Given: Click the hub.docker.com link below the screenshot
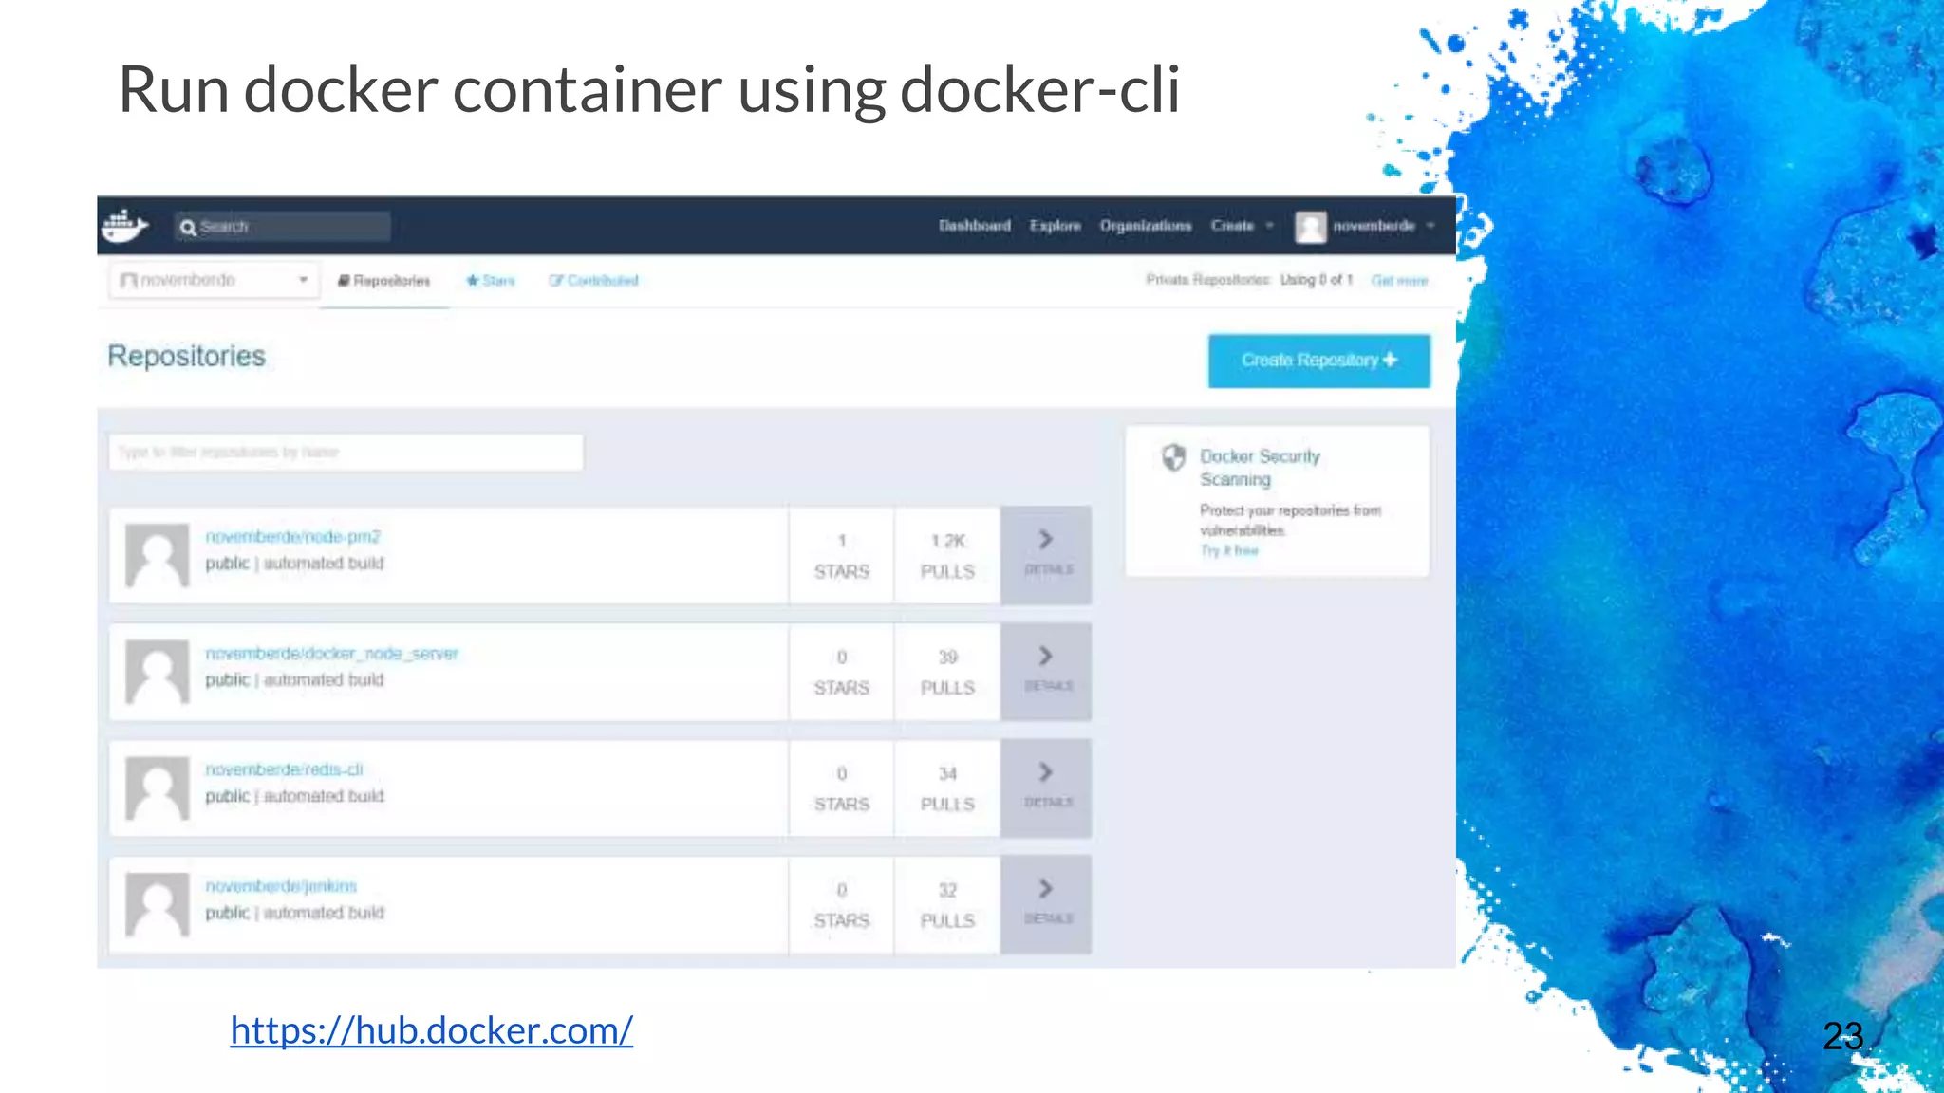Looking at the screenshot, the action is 431,1030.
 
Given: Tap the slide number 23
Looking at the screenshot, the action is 1842,1036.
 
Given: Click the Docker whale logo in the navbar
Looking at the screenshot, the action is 124,226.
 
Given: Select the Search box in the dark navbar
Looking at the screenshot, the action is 283,227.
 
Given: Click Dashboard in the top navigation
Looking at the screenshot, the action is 974,226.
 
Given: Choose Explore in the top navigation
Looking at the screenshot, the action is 1055,226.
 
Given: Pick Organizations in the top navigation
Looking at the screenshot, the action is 1145,226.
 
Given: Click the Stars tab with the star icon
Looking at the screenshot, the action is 490,281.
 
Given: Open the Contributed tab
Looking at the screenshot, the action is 594,281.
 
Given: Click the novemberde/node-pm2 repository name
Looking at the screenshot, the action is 292,537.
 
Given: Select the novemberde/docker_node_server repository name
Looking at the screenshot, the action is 331,654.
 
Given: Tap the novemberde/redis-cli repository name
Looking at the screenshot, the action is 284,769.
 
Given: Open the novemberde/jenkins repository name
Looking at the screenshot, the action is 281,886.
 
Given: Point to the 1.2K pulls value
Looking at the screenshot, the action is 947,541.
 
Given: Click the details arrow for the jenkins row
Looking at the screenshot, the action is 1046,902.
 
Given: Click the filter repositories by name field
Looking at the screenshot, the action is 346,453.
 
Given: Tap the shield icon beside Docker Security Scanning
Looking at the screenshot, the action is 1174,457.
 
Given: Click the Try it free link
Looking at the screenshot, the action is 1228,550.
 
